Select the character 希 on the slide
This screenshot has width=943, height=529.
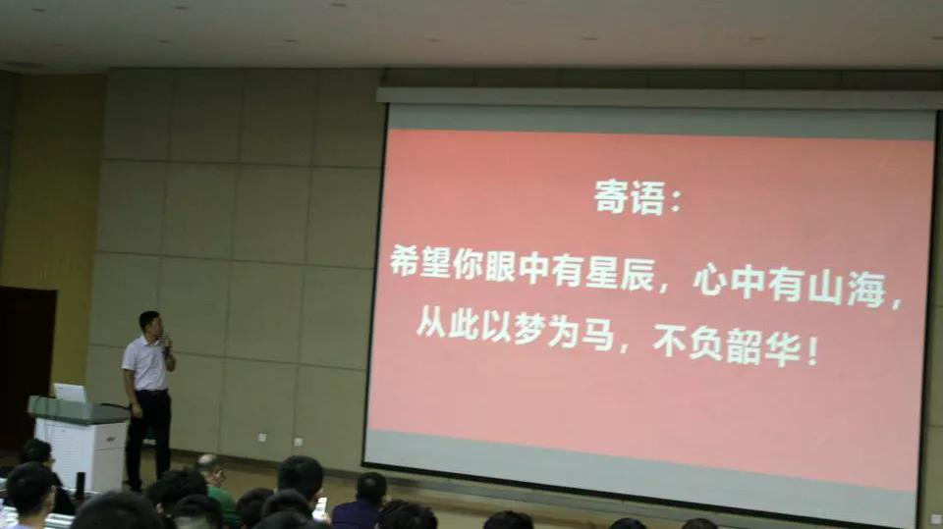coord(404,260)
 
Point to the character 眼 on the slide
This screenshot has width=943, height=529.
coord(500,267)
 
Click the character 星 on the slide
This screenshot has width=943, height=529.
coord(602,274)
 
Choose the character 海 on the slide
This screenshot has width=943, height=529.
coord(866,291)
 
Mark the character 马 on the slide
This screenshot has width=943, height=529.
coord(598,334)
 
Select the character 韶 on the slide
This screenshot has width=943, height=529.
coord(744,345)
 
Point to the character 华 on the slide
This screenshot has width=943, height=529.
coord(783,348)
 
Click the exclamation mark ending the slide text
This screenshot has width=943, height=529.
coord(812,350)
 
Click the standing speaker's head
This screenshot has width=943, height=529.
coord(149,324)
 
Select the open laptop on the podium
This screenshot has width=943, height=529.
coord(70,394)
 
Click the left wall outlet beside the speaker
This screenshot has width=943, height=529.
coord(261,437)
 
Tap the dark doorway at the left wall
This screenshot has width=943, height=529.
coord(27,368)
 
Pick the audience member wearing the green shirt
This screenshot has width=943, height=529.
coord(218,488)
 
